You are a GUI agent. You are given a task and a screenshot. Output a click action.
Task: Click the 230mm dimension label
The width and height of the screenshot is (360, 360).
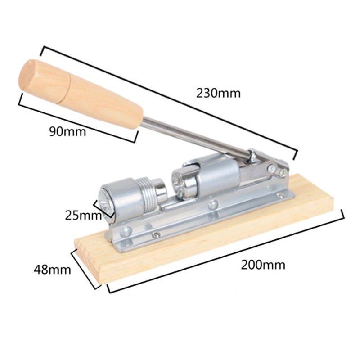(x=218, y=93)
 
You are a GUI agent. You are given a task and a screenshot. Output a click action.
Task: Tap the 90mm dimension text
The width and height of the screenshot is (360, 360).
(x=67, y=131)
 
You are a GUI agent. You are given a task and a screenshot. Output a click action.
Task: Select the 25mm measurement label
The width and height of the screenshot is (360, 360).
(x=83, y=215)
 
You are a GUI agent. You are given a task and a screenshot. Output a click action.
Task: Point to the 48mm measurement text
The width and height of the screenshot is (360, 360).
(x=52, y=269)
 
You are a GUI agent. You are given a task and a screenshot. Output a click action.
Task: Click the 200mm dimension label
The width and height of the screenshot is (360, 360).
(x=263, y=265)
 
